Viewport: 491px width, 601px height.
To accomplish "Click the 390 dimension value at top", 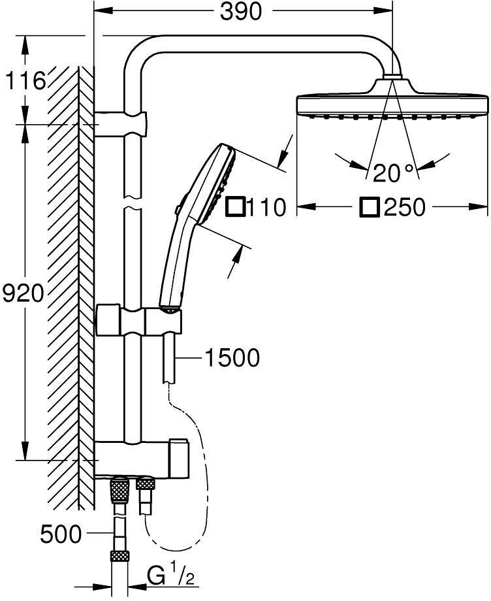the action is click(240, 12).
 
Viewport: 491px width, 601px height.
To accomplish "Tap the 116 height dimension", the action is click(25, 81).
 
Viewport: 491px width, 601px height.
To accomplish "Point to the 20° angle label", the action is click(393, 173).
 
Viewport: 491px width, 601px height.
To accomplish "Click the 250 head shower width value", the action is click(404, 207).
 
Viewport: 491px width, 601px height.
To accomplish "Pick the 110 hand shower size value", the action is click(267, 207).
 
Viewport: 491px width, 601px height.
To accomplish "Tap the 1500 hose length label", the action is click(232, 357).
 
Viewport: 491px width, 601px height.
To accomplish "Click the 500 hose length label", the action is click(61, 534).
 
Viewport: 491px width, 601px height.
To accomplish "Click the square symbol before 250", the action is click(370, 207).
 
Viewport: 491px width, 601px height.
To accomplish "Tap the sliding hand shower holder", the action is click(163, 321).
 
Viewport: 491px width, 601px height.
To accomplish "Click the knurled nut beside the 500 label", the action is click(120, 556).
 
